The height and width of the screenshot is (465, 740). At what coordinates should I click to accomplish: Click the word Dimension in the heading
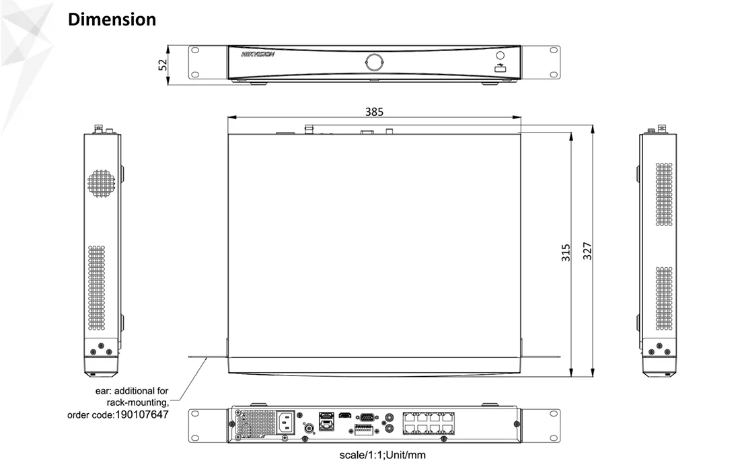tap(112, 20)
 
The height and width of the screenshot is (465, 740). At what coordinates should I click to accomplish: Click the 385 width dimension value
tap(374, 112)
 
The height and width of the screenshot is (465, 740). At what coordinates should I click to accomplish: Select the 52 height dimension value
tap(162, 65)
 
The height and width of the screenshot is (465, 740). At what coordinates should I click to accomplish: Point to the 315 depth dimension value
tap(566, 252)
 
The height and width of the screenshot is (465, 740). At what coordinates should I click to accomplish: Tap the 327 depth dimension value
tap(587, 251)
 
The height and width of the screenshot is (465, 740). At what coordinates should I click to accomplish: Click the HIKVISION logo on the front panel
tap(258, 55)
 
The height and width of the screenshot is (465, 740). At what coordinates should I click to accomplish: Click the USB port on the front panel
tap(501, 69)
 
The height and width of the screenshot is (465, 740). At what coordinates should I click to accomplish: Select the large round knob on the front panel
tap(374, 62)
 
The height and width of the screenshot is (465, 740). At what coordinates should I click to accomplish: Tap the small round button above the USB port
tap(501, 56)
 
